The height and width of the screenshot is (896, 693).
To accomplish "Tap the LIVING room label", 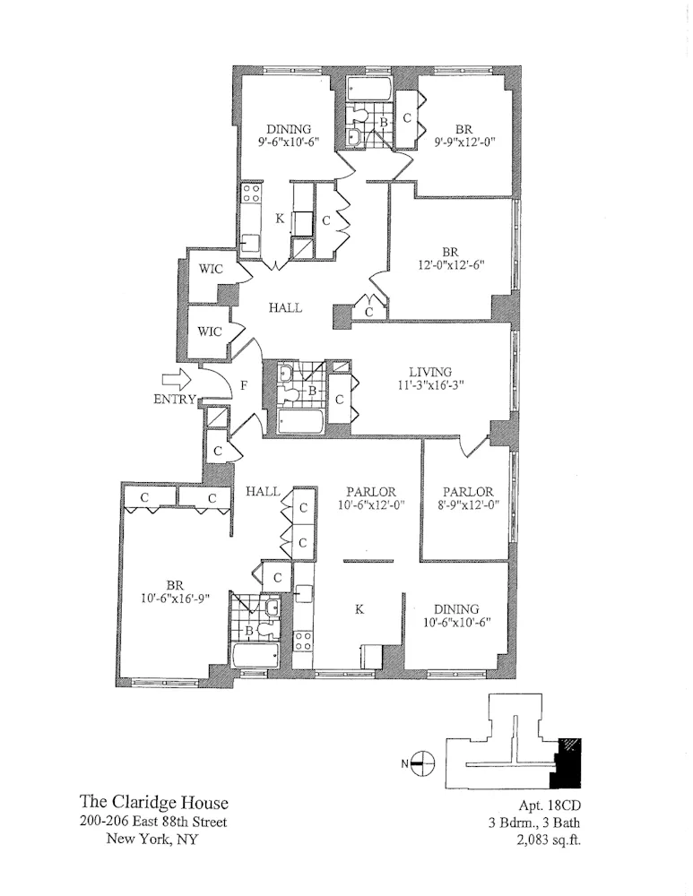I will [430, 372].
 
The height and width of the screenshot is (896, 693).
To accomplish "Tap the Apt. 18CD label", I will [547, 804].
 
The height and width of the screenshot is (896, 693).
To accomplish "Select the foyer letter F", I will [243, 386].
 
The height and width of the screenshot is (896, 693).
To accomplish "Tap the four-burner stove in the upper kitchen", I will [252, 196].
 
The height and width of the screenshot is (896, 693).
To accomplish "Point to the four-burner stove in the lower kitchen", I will [304, 641].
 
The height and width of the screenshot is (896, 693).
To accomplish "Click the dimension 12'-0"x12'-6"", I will [451, 266].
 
